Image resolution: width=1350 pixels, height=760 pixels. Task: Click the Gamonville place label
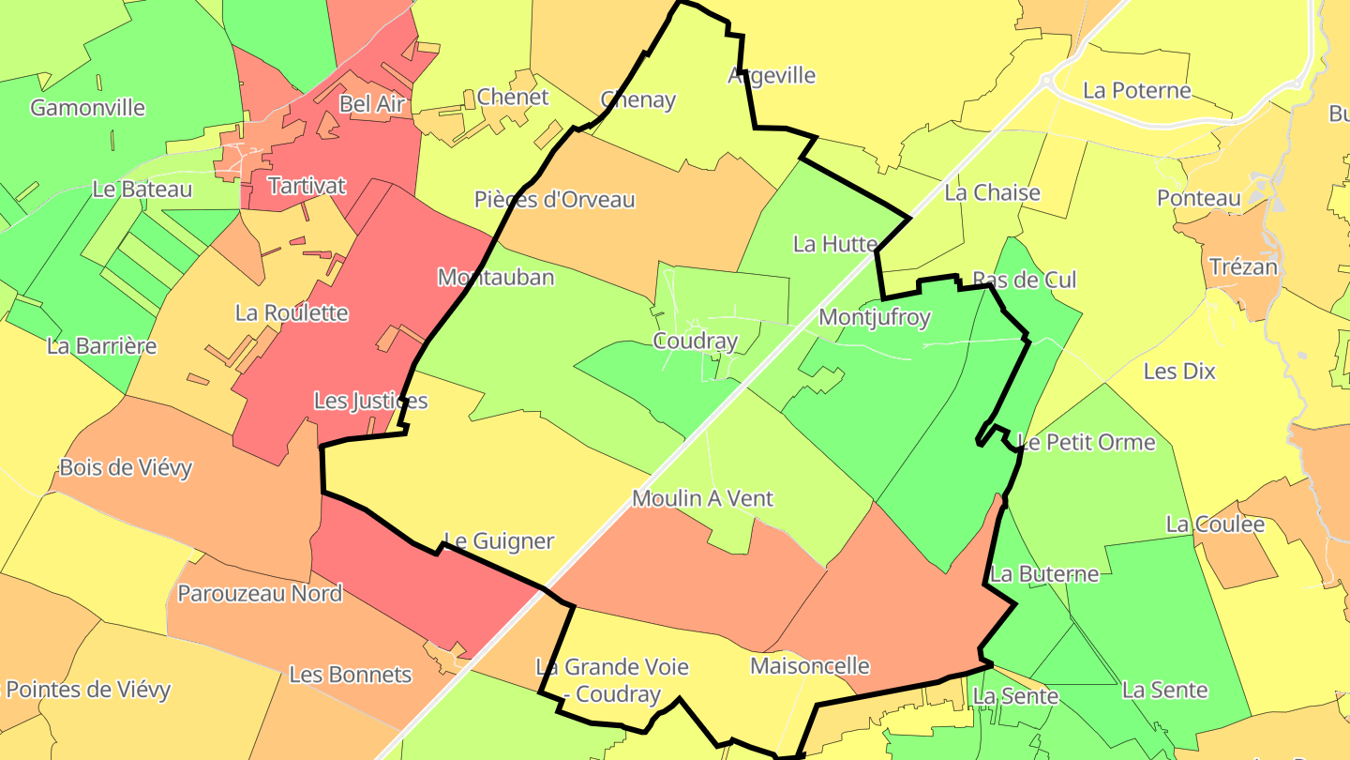tap(88, 108)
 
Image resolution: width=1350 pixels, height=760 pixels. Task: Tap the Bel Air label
tap(371, 104)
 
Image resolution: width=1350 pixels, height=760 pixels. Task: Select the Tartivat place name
tap(307, 186)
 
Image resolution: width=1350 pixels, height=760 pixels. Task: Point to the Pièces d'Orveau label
tap(555, 200)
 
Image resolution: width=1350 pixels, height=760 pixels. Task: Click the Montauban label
tap(496, 278)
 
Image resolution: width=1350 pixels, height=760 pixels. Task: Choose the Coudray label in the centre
tap(696, 342)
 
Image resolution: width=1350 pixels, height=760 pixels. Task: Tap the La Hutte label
tap(834, 245)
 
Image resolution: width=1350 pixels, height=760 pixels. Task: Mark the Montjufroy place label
tap(875, 318)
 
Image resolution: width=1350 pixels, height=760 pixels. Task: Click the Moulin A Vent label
tap(702, 498)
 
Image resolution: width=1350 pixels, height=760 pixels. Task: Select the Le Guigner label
tap(499, 541)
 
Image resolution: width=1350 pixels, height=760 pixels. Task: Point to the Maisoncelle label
tap(810, 666)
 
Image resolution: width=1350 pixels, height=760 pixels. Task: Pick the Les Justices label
tap(370, 402)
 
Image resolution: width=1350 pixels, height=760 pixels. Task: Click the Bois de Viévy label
tap(126, 467)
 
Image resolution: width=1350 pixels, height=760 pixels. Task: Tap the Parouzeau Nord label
tap(260, 593)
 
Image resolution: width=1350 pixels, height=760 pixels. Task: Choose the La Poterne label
tap(1137, 91)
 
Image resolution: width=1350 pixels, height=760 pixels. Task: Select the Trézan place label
tap(1243, 267)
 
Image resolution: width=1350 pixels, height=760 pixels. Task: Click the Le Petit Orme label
tap(1087, 442)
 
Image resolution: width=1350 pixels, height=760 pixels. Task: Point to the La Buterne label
tap(1044, 574)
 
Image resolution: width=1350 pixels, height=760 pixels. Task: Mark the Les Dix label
tap(1179, 372)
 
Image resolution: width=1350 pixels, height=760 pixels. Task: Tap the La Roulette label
tap(292, 313)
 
